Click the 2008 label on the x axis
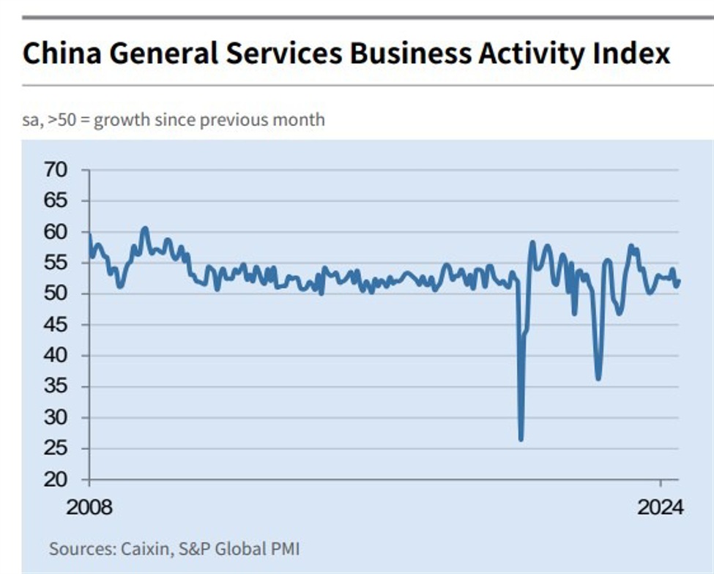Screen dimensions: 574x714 click(x=90, y=507)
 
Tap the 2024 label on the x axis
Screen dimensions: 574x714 click(x=660, y=507)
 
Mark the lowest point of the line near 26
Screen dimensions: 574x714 click(x=521, y=439)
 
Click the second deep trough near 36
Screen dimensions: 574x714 click(x=598, y=379)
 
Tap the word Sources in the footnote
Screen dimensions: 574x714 click(x=76, y=548)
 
